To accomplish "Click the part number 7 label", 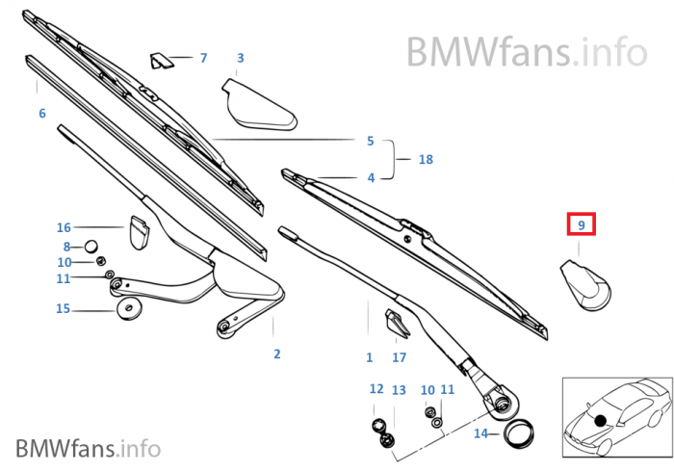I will pos(203,58).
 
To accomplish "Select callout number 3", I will pos(240,58).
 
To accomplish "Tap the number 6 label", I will pos(42,114).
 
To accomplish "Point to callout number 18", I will pos(426,160).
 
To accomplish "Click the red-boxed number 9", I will pos(581,225).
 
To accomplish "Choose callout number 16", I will pos(64,227).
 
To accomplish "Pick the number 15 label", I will pos(64,309).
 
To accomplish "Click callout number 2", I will pos(276,354).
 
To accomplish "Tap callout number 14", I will pos(480,433).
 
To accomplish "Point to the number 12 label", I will pos(376,389).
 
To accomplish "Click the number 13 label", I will pos(399,389).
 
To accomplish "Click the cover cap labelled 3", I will pos(258,103).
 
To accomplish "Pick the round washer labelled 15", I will pos(126,310).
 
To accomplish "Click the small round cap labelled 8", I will pos(93,246).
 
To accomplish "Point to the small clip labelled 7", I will pos(160,61).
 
